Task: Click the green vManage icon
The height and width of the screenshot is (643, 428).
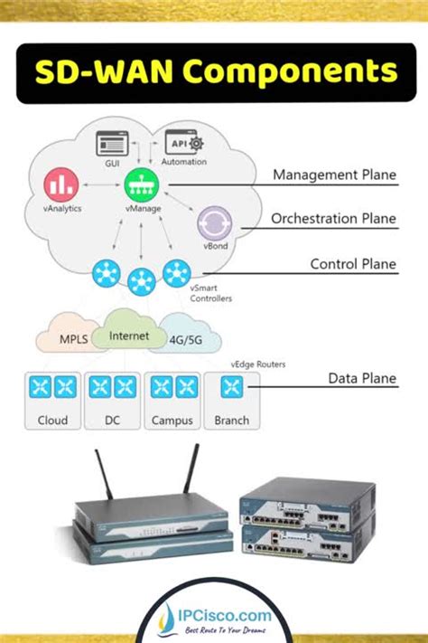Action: (x=139, y=182)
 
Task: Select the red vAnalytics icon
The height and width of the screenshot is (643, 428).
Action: (x=60, y=185)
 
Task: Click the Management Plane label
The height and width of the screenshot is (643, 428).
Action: (x=334, y=175)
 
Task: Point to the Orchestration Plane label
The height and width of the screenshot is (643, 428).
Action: (x=333, y=219)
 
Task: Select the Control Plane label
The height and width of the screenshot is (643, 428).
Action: (x=352, y=264)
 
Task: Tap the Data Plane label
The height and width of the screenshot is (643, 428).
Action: (x=362, y=378)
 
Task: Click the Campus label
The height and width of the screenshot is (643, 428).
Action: (x=172, y=420)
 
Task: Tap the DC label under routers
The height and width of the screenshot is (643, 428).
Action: (x=112, y=420)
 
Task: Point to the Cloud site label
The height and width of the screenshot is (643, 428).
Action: (x=51, y=420)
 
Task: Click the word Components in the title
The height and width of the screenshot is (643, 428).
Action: (x=289, y=71)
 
